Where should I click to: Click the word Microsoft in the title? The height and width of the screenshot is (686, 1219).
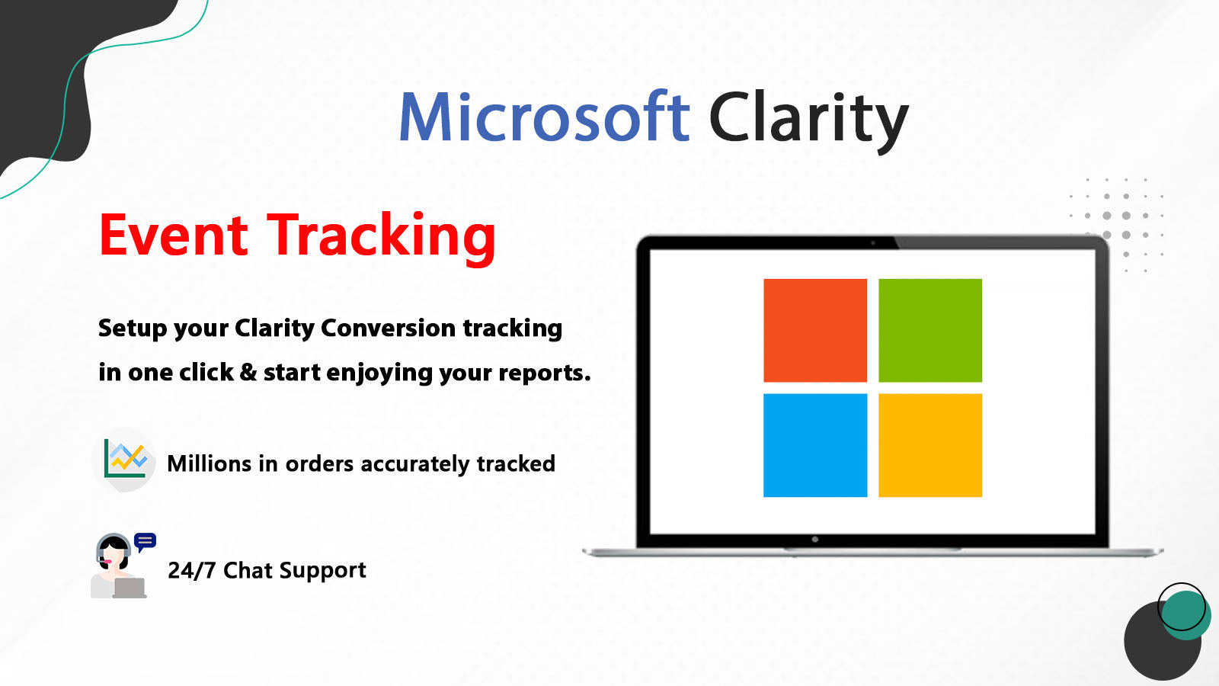tap(544, 118)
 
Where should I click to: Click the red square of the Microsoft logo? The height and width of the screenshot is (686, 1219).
tap(815, 330)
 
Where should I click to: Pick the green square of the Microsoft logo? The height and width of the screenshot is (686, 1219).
tap(929, 330)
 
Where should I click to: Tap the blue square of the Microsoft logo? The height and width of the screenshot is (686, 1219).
tap(815, 445)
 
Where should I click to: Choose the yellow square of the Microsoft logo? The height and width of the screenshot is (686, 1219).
tap(929, 445)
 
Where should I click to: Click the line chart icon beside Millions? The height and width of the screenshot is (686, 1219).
tap(125, 459)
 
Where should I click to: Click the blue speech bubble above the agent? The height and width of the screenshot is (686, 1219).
tap(145, 542)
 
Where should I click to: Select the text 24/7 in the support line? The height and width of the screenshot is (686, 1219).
tap(191, 570)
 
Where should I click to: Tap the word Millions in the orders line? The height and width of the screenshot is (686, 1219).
tap(209, 463)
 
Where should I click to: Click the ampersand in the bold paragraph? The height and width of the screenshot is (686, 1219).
tap(248, 372)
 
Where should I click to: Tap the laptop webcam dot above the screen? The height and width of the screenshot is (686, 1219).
tap(872, 243)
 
